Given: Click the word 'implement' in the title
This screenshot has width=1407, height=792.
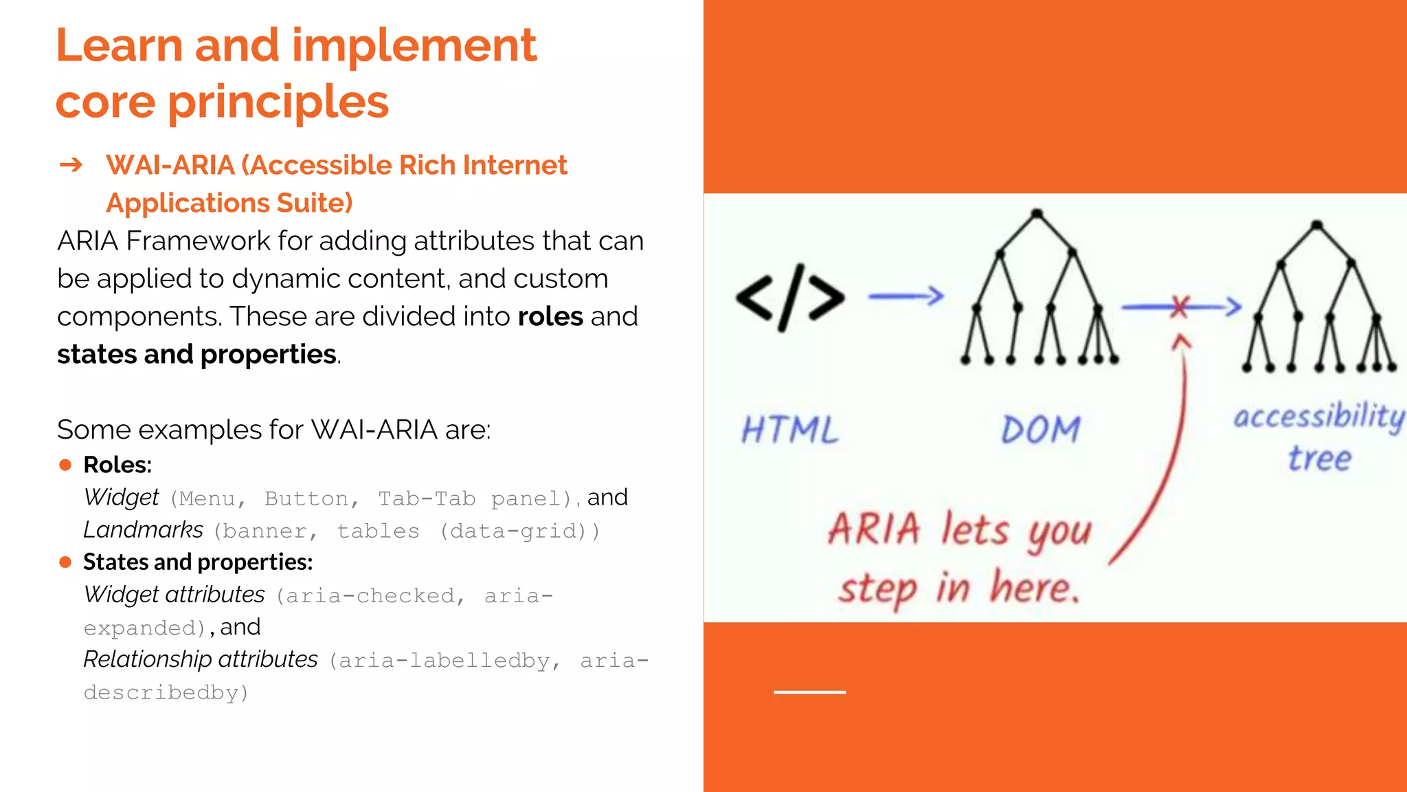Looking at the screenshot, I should tap(414, 47).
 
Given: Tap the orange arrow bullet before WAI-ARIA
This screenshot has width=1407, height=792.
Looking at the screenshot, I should tap(71, 165).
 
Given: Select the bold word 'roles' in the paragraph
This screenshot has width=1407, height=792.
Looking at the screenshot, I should tap(550, 316).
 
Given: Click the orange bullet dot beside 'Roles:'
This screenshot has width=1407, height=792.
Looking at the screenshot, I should tap(65, 465).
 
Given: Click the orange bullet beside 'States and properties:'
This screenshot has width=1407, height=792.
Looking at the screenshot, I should tap(65, 562).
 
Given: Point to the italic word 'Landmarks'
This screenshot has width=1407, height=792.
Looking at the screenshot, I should tap(143, 530).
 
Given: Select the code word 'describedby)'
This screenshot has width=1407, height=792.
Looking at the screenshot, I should tap(166, 692).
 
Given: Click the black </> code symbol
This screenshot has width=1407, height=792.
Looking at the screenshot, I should tap(790, 298).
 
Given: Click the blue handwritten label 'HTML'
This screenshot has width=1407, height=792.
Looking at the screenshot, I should tap(790, 430).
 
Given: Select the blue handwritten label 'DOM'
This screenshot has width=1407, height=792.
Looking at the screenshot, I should tap(1040, 430).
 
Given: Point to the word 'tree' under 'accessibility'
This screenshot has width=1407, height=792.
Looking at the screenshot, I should tap(1320, 459).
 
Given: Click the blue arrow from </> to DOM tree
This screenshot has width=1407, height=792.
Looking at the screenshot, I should tap(905, 296).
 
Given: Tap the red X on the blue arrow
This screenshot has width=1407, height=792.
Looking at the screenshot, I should tap(1180, 307).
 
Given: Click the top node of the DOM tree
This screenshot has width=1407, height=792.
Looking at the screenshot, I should tap(1037, 214).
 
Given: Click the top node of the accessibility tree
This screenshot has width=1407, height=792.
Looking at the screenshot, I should tap(1316, 225).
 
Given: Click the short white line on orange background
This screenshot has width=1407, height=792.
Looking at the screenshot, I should tap(809, 692).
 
